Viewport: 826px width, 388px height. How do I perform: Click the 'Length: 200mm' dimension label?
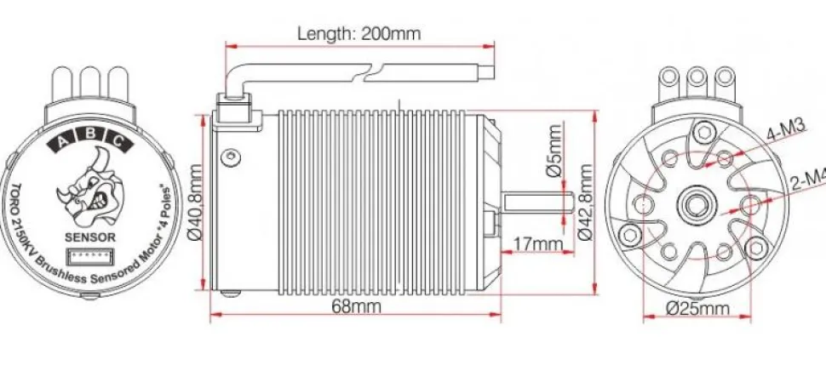click(359, 34)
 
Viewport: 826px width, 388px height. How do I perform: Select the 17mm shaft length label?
click(538, 245)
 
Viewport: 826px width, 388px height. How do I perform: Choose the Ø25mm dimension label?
click(698, 307)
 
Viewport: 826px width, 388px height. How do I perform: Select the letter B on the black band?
click(91, 134)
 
